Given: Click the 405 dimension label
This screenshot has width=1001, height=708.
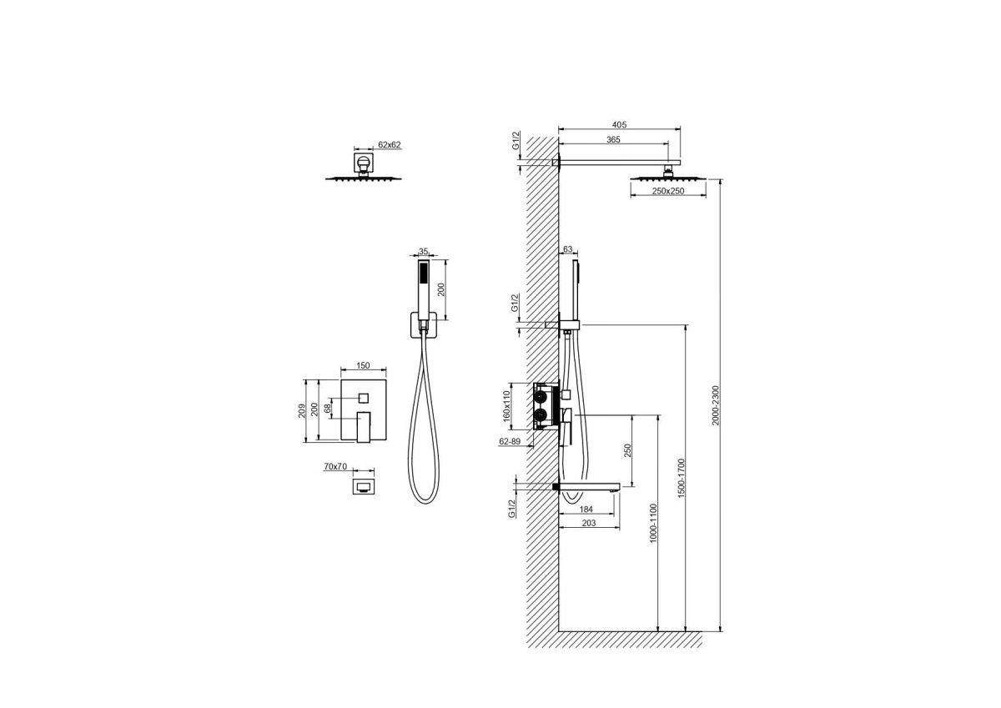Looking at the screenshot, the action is (619, 124).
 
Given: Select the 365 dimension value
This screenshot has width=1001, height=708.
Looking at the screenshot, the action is (613, 139).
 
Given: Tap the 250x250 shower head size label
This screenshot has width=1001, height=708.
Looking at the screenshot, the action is (668, 191).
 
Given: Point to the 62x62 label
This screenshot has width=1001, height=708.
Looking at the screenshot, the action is (390, 144).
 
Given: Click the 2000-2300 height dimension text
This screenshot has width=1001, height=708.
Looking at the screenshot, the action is (716, 405).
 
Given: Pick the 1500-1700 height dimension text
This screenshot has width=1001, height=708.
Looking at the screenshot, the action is (681, 478).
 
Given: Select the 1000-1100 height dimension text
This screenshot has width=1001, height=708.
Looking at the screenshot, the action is (653, 523).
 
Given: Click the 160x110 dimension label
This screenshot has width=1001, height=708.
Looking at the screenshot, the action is (506, 405).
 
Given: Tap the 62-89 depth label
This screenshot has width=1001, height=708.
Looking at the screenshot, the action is (510, 441).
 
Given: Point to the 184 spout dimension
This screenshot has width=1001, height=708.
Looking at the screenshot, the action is (586, 509).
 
